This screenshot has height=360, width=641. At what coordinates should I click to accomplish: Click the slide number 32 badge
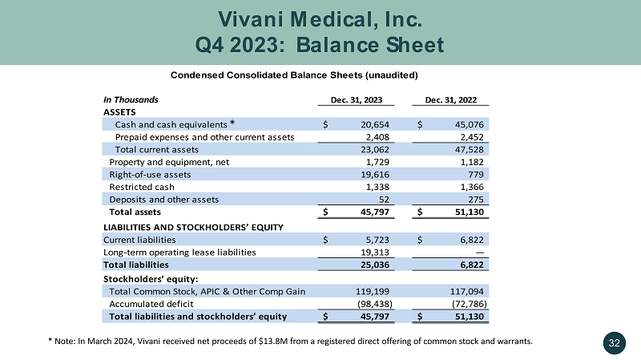coord(615,342)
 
